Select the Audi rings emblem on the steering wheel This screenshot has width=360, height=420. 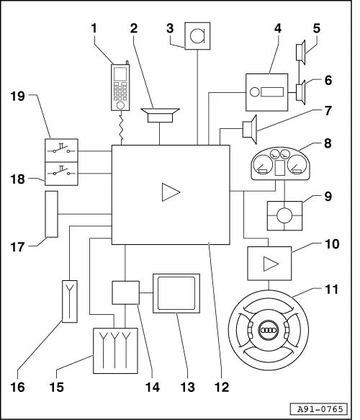coord(268,331)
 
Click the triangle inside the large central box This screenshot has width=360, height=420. coord(170,192)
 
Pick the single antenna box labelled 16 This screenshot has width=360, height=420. coord(70,301)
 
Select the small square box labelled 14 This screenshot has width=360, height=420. coord(125,292)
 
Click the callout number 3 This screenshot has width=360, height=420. coord(169,30)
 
